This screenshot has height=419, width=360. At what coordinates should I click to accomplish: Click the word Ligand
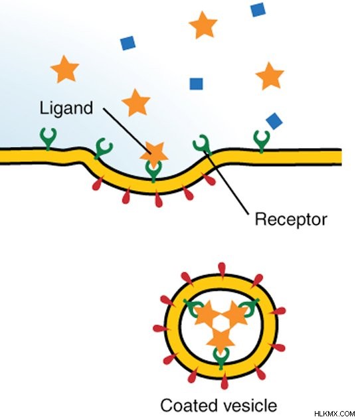pos(66,109)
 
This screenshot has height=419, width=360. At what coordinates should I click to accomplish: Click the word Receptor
pos(291,220)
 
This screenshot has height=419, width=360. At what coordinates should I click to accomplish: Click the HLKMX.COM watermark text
pos(335,414)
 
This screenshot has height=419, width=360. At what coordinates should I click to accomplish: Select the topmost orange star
pos(203,25)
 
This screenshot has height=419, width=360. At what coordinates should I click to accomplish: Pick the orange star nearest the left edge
pos(64,69)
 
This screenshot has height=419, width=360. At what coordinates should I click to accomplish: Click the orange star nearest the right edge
pos(270,76)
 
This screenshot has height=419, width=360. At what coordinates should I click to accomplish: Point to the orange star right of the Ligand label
pos(135,103)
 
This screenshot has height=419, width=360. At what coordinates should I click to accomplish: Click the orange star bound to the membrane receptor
pos(154,155)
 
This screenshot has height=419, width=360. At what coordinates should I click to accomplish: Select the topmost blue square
pos(258,9)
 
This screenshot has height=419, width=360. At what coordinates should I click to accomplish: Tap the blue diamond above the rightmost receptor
pos(274,121)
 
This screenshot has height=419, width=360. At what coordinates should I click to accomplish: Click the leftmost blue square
pos(128,43)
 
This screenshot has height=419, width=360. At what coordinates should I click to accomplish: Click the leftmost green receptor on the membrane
pos(48,138)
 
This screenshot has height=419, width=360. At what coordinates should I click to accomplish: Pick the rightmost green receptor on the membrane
pos(261,141)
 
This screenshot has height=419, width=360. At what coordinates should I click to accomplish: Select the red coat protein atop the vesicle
pos(222,270)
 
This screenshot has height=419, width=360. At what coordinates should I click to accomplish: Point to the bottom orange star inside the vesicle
pos(221,341)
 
